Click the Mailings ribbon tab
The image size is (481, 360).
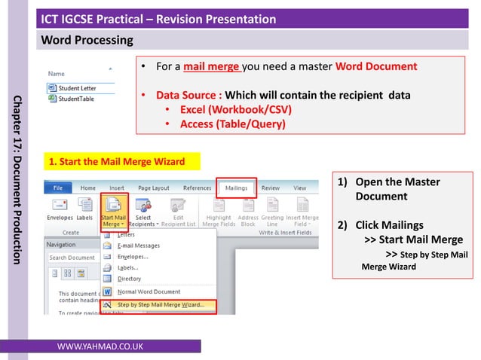[236, 188]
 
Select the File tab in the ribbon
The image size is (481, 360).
[58, 188]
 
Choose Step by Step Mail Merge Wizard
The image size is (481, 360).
[160, 305]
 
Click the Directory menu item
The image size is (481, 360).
[129, 278]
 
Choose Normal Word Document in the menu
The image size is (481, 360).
[149, 291]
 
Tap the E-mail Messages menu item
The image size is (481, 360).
[139, 246]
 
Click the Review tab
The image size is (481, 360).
[270, 188]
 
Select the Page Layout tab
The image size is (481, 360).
[153, 188]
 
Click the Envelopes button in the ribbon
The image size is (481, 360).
[60, 210]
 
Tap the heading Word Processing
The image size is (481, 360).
[87, 40]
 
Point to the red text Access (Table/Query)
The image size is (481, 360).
[232, 124]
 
